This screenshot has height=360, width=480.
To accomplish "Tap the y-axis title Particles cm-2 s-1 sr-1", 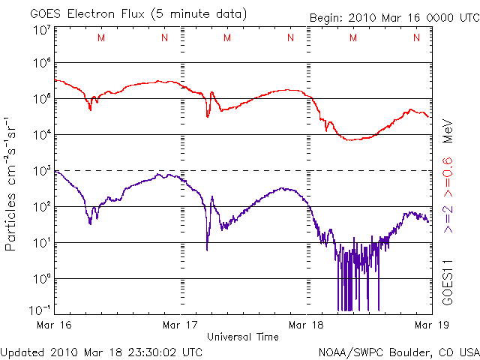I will click(x=13, y=184).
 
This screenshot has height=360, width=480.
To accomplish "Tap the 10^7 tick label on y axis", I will click(x=40, y=30).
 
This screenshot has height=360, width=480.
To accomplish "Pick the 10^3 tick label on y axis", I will click(x=40, y=170).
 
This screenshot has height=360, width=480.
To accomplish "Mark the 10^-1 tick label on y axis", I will click(x=40, y=309).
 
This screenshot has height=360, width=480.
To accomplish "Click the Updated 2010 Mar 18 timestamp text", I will click(x=101, y=351).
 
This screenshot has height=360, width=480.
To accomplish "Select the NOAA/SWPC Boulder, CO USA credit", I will click(x=398, y=351).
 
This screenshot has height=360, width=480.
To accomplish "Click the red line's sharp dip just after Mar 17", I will click(x=208, y=115).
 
